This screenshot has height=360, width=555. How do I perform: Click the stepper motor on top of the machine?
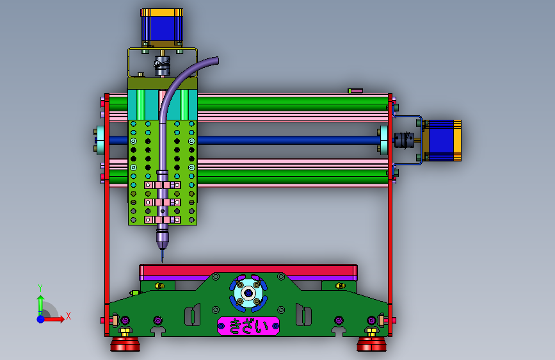pyautogui.click(x=162, y=28)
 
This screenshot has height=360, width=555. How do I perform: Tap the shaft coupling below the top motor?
pyautogui.click(x=162, y=65)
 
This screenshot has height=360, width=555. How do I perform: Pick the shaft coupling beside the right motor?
pyautogui.click(x=404, y=140)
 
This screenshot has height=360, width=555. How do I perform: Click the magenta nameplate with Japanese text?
pyautogui.click(x=248, y=326)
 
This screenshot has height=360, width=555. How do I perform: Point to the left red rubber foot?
pyautogui.click(x=125, y=344)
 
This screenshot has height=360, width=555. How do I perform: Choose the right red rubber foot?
pyautogui.click(x=372, y=344)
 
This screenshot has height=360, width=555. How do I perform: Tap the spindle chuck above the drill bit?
pyautogui.click(x=162, y=238)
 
